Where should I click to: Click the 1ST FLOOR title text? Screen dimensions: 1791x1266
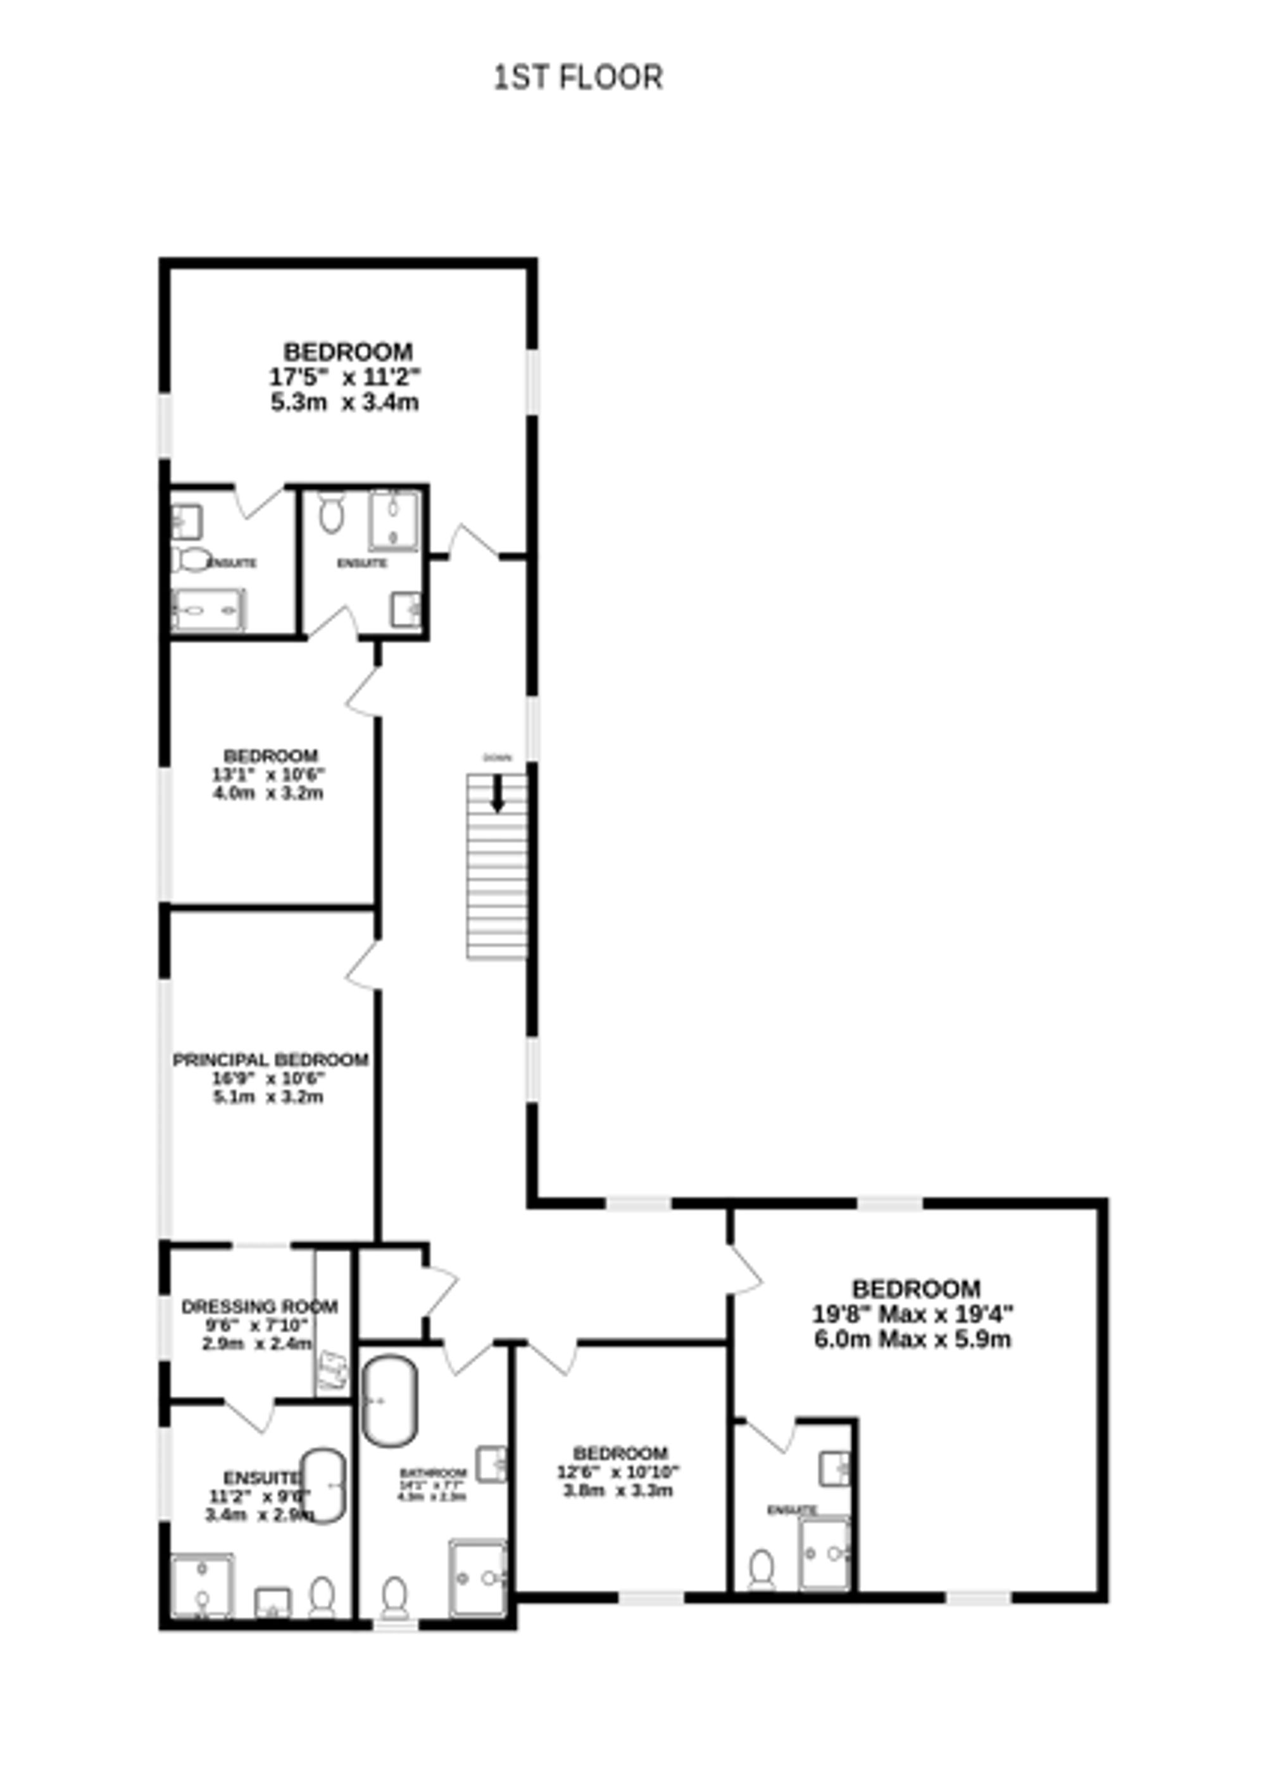pos(578,77)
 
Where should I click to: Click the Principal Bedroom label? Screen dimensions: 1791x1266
pos(270,1060)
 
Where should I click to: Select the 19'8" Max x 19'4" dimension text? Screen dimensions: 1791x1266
pos(913,1315)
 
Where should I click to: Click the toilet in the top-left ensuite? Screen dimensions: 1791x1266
pos(191,559)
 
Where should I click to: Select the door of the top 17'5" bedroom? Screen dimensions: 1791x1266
pos(472,542)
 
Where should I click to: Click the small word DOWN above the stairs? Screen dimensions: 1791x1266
pos(497,758)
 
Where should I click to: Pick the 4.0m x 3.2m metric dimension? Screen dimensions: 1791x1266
pos(268,794)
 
